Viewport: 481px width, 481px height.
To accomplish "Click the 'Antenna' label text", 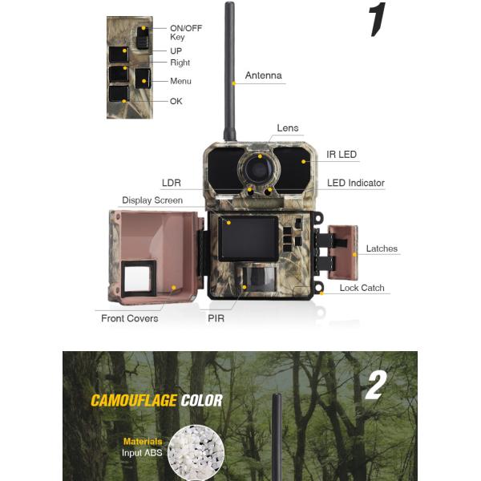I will pyautogui.click(x=263, y=76).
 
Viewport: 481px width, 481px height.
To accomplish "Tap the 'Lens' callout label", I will pyautogui.click(x=287, y=128).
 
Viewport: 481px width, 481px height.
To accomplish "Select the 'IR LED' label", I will pyautogui.click(x=342, y=154).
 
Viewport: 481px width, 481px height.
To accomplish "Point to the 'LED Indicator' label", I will pyautogui.click(x=355, y=184).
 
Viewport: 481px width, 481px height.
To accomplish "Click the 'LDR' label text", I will pyautogui.click(x=172, y=184).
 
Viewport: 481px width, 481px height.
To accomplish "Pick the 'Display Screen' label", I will pyautogui.click(x=152, y=200).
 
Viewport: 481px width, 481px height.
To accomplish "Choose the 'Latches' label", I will pyautogui.click(x=382, y=249).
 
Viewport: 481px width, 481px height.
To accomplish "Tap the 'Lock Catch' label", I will pyautogui.click(x=362, y=288).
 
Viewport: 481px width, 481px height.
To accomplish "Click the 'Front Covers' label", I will pyautogui.click(x=130, y=318).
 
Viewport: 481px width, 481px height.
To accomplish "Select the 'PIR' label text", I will pyautogui.click(x=216, y=318).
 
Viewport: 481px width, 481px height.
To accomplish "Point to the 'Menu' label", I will pyautogui.click(x=180, y=81).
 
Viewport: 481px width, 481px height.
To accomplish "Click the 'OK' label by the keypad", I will pyautogui.click(x=176, y=101).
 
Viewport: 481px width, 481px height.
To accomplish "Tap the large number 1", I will pyautogui.click(x=377, y=20).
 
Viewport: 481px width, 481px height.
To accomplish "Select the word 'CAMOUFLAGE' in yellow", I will pyautogui.click(x=133, y=401).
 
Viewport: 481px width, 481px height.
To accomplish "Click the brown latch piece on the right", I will pyautogui.click(x=344, y=251).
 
